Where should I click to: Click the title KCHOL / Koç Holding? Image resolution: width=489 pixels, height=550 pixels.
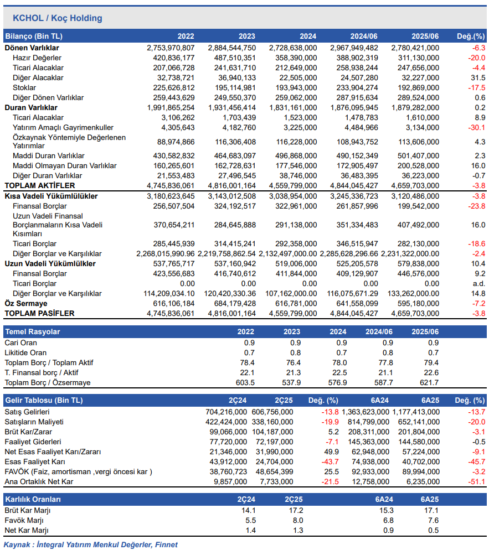58,18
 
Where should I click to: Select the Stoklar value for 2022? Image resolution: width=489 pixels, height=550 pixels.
173,87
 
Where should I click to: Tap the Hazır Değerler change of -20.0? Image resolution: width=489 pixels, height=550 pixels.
476,58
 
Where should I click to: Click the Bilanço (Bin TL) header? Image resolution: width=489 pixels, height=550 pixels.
34,36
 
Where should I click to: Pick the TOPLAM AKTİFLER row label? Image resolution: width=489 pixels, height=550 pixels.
40,185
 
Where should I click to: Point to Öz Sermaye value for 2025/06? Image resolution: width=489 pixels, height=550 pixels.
418,303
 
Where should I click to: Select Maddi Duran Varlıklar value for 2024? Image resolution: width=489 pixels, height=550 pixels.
296,155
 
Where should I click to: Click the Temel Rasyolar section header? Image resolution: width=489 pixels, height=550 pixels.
32,331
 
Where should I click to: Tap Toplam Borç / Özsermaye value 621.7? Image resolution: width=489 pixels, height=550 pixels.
429,382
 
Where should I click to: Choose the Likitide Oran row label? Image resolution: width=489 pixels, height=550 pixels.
25,352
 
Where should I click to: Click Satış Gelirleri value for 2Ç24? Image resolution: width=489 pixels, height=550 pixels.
226,412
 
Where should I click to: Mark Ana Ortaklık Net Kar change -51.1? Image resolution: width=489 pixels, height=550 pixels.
476,481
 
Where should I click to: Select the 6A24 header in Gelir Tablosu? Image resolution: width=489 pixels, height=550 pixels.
379,400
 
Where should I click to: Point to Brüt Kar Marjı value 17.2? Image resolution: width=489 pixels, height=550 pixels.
296,510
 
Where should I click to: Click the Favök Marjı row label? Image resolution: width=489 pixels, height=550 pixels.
24,520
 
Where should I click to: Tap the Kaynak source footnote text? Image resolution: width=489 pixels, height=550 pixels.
91,544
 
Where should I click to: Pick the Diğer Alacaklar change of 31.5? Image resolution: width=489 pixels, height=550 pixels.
478,78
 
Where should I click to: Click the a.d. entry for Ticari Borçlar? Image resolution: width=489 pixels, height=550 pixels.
479,283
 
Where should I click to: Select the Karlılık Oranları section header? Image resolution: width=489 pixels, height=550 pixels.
33,499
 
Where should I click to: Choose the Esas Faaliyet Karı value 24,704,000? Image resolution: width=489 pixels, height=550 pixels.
274,461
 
